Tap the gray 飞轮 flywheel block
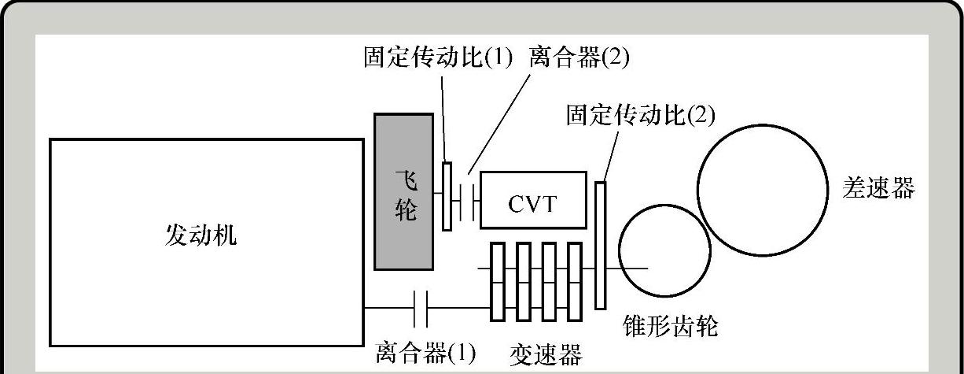404,191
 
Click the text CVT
533,204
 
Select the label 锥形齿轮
670,325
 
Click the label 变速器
545,354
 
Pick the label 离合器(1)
425,353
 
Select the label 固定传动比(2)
640,116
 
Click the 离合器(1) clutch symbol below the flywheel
420,307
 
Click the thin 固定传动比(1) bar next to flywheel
447,196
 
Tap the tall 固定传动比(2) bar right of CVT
601,245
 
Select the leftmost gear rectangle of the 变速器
497,281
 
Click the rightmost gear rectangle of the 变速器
575,281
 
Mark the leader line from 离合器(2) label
497,117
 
